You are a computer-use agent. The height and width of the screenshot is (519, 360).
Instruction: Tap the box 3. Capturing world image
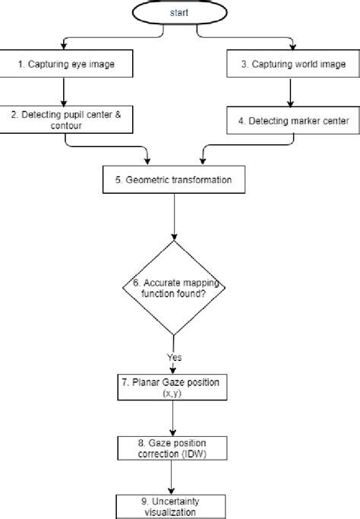pos(288,64)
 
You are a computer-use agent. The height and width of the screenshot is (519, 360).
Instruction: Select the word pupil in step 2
pos(77,112)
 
